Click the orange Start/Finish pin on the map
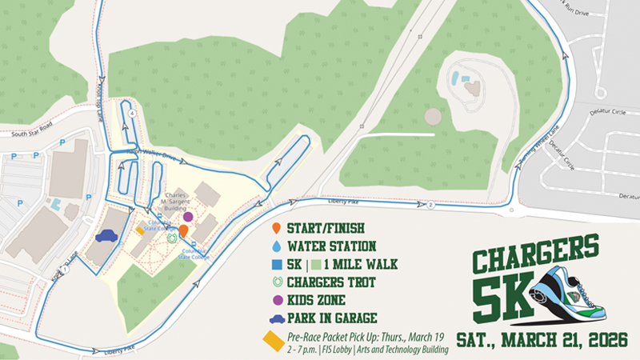pyautogui.click(x=183, y=230)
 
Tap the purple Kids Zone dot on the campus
pyautogui.click(x=188, y=216)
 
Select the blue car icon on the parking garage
pyautogui.click(x=106, y=236)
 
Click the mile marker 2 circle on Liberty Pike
pyautogui.click(x=430, y=206)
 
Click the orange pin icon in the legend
pyautogui.click(x=276, y=230)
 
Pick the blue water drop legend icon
pyautogui.click(x=276, y=247)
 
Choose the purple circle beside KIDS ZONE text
pyautogui.click(x=277, y=300)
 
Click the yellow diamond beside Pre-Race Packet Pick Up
pyautogui.click(x=273, y=340)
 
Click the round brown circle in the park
pyautogui.click(x=433, y=117)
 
